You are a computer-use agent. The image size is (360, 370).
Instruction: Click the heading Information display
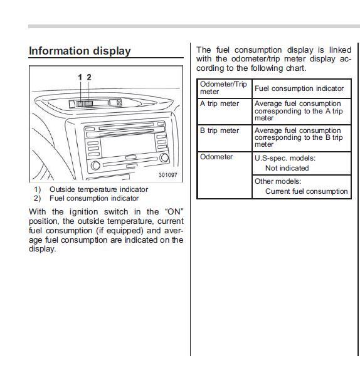(x=80, y=51)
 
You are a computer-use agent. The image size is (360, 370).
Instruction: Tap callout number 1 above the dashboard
(x=80, y=77)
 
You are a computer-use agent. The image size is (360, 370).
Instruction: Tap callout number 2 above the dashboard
(x=89, y=77)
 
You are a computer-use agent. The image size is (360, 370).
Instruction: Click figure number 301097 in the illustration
(x=168, y=175)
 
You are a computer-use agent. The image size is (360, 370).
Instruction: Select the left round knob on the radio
(x=95, y=165)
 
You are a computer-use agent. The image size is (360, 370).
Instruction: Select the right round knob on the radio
(x=164, y=157)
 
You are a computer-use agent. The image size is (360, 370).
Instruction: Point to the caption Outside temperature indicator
(x=98, y=189)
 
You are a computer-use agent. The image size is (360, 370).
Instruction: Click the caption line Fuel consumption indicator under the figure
(x=94, y=198)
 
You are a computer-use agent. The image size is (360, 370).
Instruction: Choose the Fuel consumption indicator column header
(x=299, y=88)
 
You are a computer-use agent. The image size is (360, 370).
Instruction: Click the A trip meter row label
(x=220, y=103)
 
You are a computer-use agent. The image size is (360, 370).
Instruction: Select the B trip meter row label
(x=220, y=130)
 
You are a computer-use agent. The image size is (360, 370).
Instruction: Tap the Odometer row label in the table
(x=216, y=157)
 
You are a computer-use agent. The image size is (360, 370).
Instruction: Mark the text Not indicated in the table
(x=287, y=168)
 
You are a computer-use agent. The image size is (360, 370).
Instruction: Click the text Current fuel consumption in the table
(x=307, y=191)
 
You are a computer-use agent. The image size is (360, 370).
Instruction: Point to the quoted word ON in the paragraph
(x=174, y=212)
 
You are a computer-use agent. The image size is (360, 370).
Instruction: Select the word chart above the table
(x=296, y=68)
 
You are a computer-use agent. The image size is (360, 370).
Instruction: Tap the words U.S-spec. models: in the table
(x=285, y=158)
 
